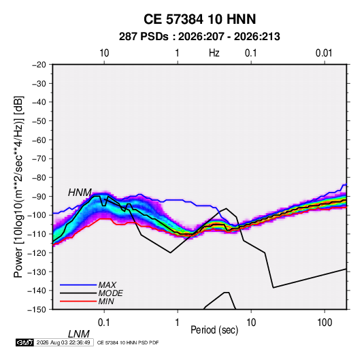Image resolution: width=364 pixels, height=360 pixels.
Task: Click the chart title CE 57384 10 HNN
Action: pos(199,19)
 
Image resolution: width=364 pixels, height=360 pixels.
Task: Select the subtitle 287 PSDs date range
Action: pos(199,37)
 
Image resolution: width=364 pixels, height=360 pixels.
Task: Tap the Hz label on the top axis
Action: pos(214,53)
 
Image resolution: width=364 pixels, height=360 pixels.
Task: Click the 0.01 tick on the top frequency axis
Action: pos(324,53)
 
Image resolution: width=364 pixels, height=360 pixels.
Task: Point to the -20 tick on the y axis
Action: pos(39,65)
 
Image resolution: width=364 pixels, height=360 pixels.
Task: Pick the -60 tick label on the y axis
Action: pos(39,140)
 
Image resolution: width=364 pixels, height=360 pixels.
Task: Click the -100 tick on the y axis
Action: pos(37,215)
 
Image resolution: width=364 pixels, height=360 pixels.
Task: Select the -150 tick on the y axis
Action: pos(37,310)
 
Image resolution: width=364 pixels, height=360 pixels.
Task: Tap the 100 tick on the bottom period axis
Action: pos(325,323)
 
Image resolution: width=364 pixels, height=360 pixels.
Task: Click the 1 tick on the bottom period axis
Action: pos(178,323)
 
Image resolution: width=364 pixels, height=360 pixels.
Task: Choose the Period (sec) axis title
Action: pos(214,330)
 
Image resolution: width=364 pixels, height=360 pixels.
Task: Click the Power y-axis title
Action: pos(18,186)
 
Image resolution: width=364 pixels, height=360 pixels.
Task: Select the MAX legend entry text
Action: pos(107,285)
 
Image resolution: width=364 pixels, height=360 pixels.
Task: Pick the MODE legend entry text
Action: pos(110,293)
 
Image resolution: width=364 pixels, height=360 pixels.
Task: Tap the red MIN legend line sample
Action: pos(78,301)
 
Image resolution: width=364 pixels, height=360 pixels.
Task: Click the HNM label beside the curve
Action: pos(80,193)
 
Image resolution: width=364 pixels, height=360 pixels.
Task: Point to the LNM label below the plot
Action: pos(79,334)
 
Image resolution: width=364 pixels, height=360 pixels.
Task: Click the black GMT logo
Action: pos(24,342)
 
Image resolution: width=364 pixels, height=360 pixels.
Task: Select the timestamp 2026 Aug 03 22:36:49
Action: pos(63,342)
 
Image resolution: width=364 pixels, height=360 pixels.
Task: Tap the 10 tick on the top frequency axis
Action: pos(104,53)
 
